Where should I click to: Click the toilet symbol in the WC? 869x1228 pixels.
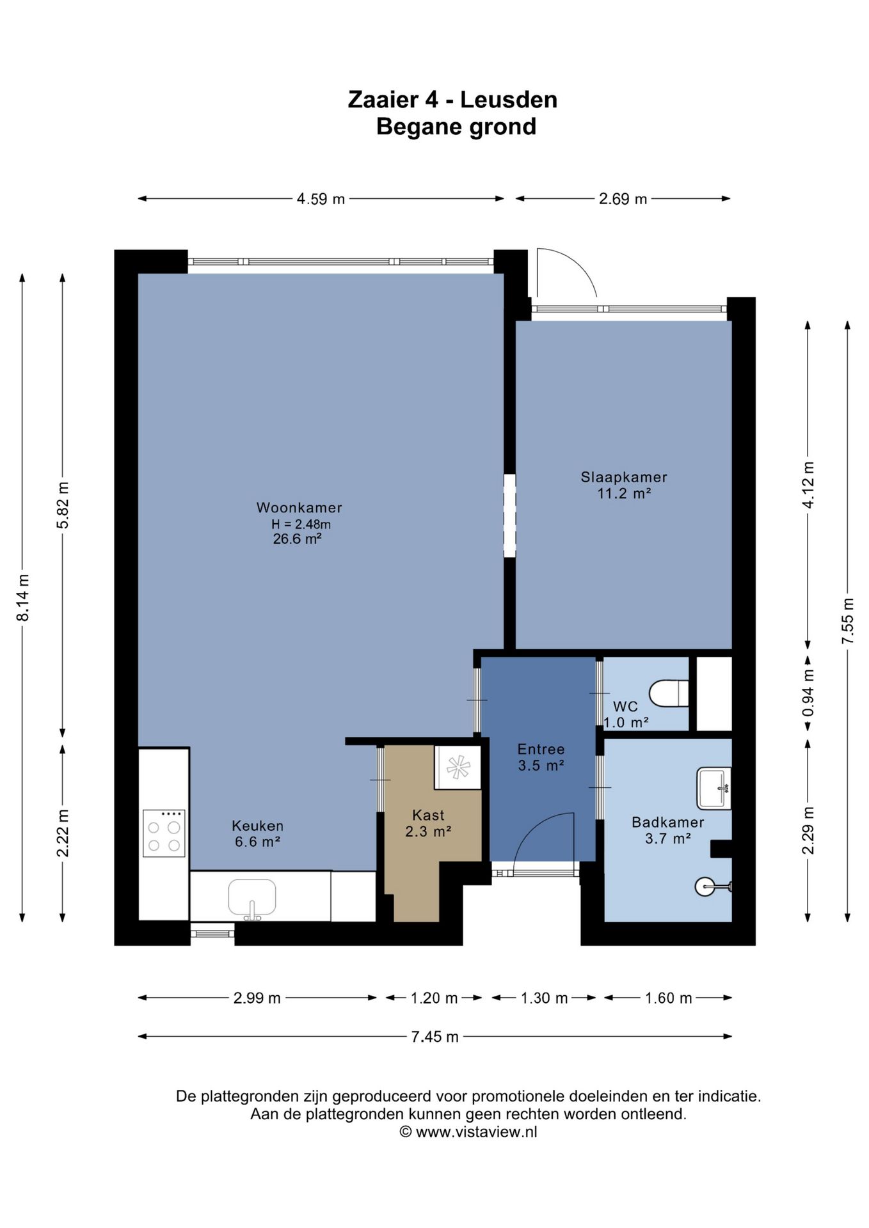[669, 693]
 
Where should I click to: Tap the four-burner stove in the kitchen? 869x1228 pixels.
[164, 833]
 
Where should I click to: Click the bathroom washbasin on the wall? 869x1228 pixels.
[714, 788]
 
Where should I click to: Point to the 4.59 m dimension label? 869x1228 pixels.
[321, 199]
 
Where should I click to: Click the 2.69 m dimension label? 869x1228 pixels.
[623, 199]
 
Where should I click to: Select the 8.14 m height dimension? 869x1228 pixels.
[23, 597]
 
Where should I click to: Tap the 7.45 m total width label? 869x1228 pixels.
[434, 1037]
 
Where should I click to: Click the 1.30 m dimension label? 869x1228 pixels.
[544, 998]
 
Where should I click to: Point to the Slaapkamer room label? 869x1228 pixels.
[624, 477]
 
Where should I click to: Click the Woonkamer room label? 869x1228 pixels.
[299, 508]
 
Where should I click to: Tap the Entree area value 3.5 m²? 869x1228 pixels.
[541, 766]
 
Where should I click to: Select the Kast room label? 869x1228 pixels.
[428, 815]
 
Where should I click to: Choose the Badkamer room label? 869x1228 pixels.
[667, 823]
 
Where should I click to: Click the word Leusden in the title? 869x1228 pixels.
[509, 100]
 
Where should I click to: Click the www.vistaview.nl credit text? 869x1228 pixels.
[476, 1132]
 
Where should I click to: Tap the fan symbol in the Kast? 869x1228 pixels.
[458, 767]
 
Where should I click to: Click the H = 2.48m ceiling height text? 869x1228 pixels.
[301, 524]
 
